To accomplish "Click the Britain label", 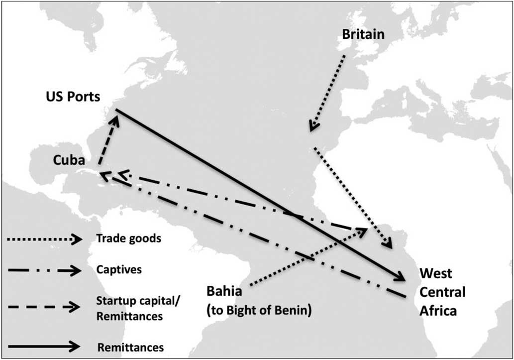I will [x=364, y=35].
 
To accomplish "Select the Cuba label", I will [x=70, y=161].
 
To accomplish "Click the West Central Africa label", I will [x=442, y=292].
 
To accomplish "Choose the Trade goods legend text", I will [x=129, y=239].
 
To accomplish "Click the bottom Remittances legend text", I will [x=130, y=347].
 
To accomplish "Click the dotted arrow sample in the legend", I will [x=44, y=240].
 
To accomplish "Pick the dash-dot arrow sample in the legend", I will [x=44, y=271].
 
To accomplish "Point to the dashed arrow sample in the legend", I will [x=44, y=307].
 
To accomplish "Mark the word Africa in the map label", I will [x=438, y=311].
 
